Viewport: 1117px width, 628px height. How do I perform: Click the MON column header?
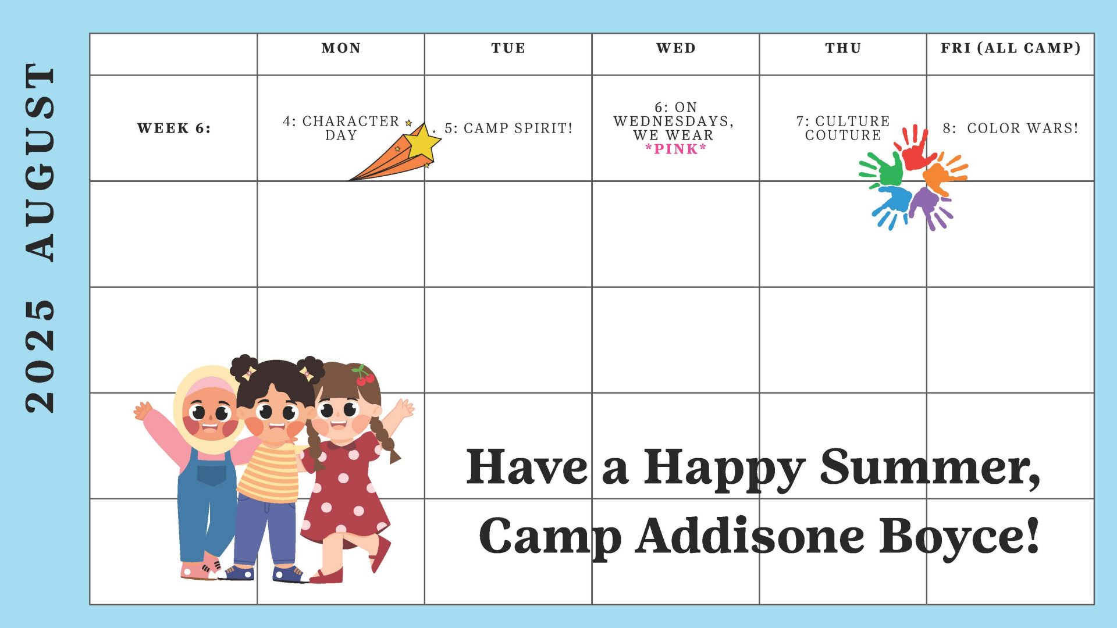pyautogui.click(x=341, y=48)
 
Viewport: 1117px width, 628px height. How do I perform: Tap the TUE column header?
pyautogui.click(x=508, y=48)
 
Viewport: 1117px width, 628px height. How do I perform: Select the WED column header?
pyautogui.click(x=675, y=48)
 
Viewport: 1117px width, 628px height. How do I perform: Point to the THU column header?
pyautogui.click(x=843, y=48)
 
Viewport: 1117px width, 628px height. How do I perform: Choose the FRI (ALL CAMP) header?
pyautogui.click(x=1011, y=48)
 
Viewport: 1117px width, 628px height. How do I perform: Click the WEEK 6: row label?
pyautogui.click(x=174, y=128)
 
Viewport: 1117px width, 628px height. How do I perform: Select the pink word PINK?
pyautogui.click(x=676, y=149)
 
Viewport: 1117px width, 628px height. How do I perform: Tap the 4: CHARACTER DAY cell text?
pyautogui.click(x=341, y=128)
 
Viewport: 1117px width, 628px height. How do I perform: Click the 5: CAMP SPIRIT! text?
pyautogui.click(x=508, y=128)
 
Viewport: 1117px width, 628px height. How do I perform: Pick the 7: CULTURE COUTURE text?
pyautogui.click(x=843, y=128)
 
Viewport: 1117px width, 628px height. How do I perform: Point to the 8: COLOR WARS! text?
pyautogui.click(x=1011, y=128)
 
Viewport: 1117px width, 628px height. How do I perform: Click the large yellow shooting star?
pyautogui.click(x=422, y=143)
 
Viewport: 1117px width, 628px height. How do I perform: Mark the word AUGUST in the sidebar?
pyautogui.click(x=40, y=162)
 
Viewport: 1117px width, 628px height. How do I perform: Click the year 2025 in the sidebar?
pyautogui.click(x=40, y=356)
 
